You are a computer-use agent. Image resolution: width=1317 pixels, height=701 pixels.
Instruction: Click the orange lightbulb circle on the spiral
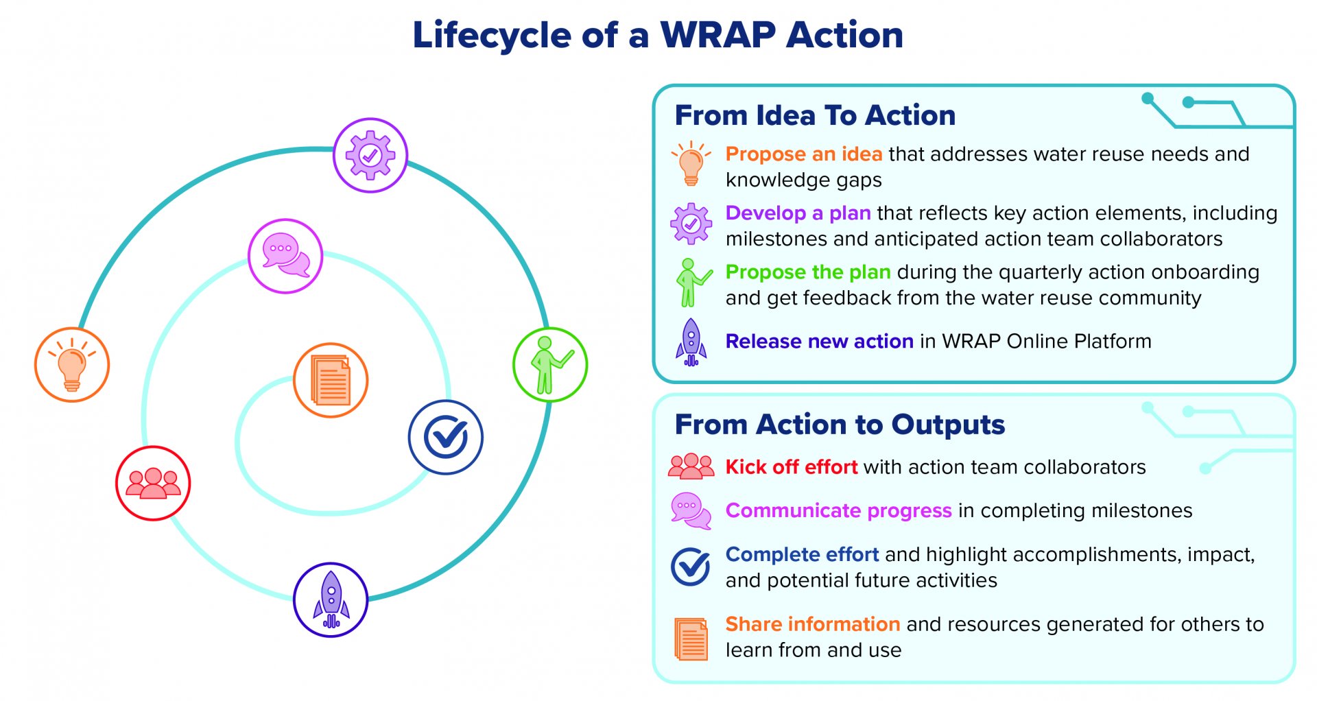click(72, 365)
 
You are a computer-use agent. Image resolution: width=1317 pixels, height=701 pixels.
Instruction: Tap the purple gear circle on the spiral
click(370, 156)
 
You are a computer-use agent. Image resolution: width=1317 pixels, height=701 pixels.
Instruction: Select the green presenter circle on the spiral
click(550, 365)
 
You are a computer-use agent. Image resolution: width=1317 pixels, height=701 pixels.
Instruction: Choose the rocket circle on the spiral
click(331, 600)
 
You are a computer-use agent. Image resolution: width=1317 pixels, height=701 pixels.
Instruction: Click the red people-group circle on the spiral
click(153, 484)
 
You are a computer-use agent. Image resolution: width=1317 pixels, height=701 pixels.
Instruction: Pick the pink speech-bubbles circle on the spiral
click(285, 257)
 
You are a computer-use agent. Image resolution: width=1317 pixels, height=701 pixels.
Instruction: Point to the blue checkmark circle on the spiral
click(446, 438)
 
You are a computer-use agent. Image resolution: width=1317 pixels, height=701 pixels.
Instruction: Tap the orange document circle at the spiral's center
click(331, 381)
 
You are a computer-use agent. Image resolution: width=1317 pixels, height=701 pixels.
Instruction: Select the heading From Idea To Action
click(815, 115)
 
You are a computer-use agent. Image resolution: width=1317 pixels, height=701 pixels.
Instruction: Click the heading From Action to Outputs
click(840, 425)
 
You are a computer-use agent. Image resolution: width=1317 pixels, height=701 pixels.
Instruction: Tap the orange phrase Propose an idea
click(804, 154)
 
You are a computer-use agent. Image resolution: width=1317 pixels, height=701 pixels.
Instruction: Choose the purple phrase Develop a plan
click(798, 213)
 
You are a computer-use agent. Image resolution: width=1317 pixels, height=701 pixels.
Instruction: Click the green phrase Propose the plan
click(808, 272)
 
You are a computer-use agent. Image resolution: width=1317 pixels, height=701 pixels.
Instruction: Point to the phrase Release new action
click(819, 342)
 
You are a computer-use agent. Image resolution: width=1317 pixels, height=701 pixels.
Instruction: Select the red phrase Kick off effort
click(792, 467)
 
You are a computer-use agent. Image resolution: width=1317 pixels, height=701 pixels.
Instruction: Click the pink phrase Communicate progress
click(838, 511)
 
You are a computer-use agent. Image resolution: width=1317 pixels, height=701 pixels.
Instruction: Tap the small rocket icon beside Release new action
click(691, 342)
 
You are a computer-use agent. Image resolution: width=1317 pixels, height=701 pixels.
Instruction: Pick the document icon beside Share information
click(691, 639)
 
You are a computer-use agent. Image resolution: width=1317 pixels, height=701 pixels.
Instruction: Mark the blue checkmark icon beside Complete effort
click(691, 567)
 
